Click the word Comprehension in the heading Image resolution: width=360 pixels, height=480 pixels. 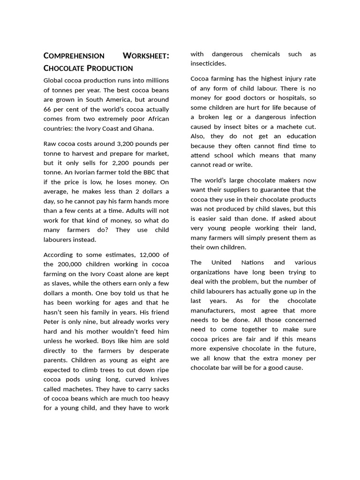[x=74, y=56]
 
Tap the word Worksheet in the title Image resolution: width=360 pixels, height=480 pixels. [x=146, y=56]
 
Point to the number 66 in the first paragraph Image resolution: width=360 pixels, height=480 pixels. [x=48, y=109]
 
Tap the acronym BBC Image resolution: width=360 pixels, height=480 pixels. [x=147, y=172]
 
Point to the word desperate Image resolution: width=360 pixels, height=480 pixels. [x=152, y=351]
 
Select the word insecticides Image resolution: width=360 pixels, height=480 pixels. [x=208, y=63]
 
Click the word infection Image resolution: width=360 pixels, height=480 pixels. [x=300, y=117]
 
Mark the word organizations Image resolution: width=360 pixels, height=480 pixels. [x=210, y=272]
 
